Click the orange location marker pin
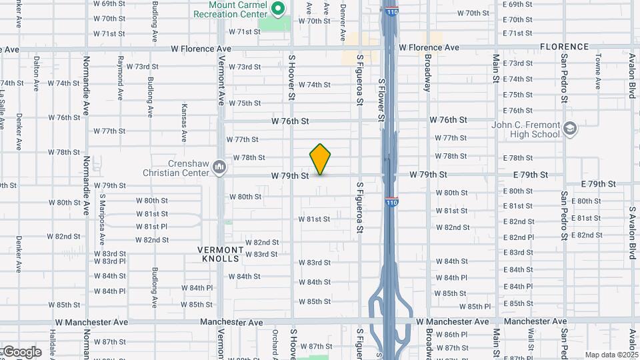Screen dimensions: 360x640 click(x=320, y=159)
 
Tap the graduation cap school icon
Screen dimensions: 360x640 click(x=569, y=128)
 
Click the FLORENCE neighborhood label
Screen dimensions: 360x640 click(x=564, y=47)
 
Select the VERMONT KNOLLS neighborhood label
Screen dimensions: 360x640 click(x=219, y=253)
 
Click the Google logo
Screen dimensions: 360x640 click(x=22, y=352)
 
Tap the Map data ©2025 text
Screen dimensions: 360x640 click(x=611, y=355)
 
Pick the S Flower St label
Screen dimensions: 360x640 click(x=381, y=100)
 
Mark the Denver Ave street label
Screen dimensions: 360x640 click(x=343, y=21)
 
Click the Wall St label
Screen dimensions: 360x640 click(x=531, y=339)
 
